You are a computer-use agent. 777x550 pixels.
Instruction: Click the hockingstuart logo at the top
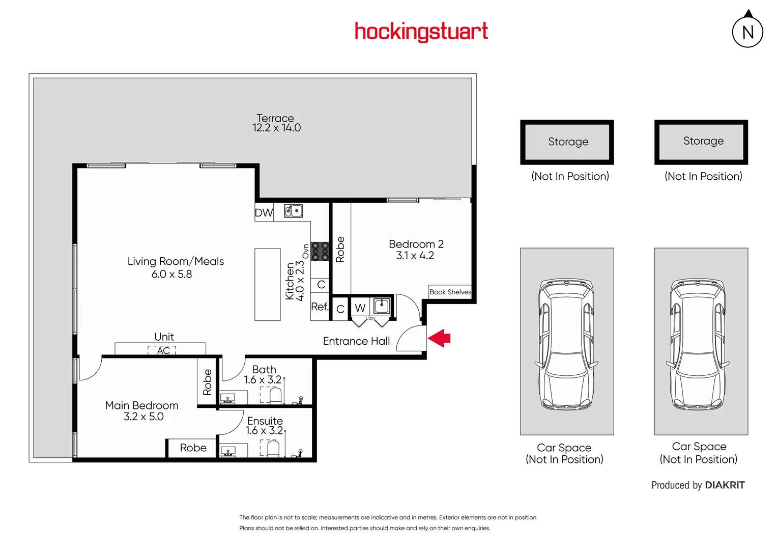[x=421, y=32]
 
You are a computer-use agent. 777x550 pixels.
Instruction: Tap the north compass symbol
[x=747, y=32]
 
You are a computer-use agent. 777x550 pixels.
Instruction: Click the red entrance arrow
[x=439, y=338]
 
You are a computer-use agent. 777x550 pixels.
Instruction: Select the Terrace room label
[x=275, y=118]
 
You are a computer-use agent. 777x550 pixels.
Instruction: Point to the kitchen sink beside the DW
[x=293, y=211]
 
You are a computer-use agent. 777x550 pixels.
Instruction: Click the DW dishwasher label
[x=264, y=213]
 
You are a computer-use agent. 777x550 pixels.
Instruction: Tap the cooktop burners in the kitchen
[x=320, y=252]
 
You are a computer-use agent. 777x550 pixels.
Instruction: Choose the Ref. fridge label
[x=320, y=307]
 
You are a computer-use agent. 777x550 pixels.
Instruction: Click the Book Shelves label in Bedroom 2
[x=450, y=292]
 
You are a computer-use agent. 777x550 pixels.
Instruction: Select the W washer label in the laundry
[x=360, y=308]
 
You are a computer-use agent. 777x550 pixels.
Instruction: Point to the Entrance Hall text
[x=356, y=341]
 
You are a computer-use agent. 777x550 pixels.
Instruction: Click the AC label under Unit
[x=163, y=350]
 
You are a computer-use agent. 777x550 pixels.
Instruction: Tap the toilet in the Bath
[x=275, y=395]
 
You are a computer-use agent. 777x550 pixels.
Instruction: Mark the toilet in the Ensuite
[x=273, y=448]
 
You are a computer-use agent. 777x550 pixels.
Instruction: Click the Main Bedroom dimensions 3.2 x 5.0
[x=143, y=417]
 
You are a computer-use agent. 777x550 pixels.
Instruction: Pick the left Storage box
[x=567, y=142]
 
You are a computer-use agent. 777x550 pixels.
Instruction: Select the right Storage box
[x=701, y=142]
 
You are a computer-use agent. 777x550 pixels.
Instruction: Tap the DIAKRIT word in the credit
[x=725, y=485]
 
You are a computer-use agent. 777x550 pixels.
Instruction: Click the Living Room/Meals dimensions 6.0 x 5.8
[x=171, y=274]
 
